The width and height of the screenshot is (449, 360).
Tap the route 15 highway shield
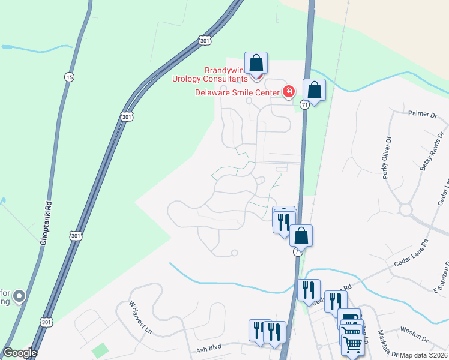70,77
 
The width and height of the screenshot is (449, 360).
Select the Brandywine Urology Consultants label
209,74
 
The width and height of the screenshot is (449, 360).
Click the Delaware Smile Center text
237,92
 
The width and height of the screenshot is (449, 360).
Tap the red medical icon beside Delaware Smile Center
289,92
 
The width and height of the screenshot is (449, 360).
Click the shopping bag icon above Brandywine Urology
256,63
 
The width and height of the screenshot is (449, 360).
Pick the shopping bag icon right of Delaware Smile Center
314,91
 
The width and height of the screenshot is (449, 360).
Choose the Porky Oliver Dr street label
387,158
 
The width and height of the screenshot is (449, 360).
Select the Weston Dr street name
412,330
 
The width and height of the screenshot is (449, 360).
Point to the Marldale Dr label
385,341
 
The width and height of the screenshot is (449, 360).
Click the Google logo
20,353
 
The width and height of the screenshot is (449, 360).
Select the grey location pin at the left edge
19,296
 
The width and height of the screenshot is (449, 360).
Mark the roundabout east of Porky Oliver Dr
406,210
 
